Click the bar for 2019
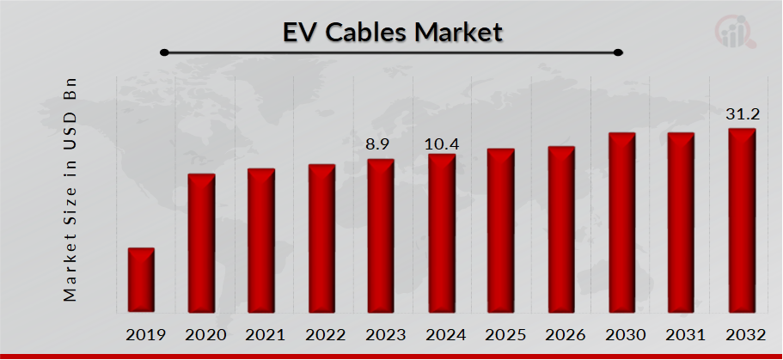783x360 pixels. [141, 280]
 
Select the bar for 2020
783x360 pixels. [201, 243]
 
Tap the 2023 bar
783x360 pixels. [380, 236]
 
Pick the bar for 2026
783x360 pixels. [560, 229]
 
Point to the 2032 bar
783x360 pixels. [741, 221]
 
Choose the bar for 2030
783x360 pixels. [621, 223]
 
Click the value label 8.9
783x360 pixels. [377, 144]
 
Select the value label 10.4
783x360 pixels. [443, 144]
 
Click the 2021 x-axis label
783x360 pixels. [262, 334]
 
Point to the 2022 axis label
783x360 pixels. [321, 334]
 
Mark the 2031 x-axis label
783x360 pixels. [682, 334]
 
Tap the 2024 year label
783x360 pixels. [442, 334]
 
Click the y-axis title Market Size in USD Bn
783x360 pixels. [71, 190]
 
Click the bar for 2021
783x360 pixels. [261, 241]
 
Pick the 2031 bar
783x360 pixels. [681, 223]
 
